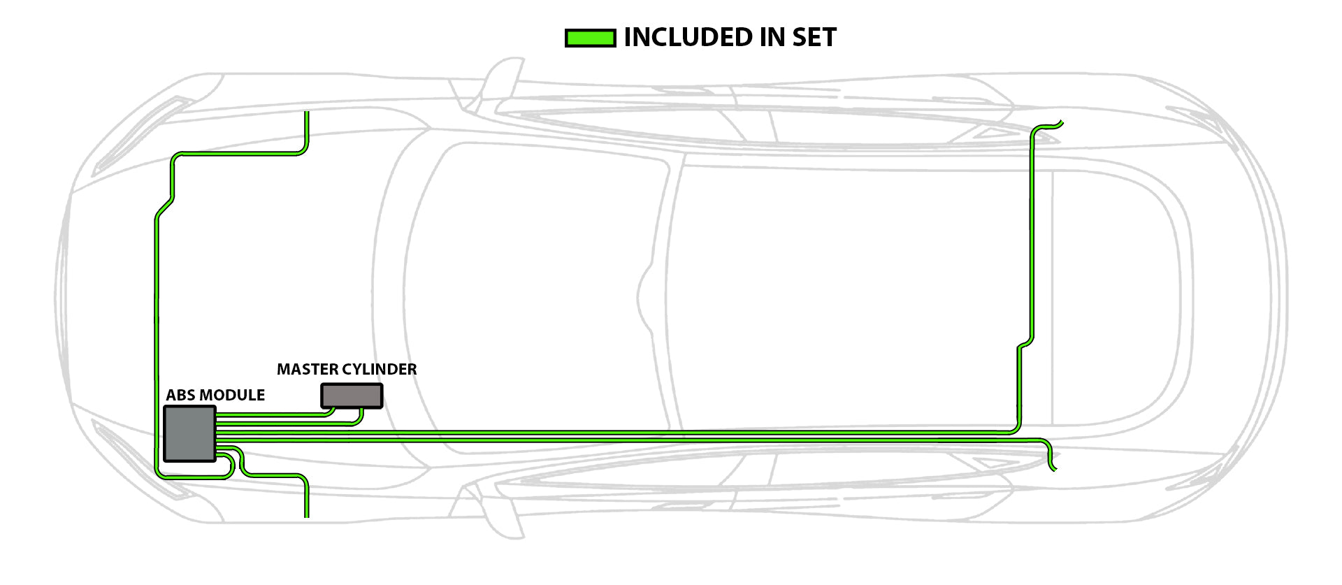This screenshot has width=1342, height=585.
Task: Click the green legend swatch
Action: tap(590, 38)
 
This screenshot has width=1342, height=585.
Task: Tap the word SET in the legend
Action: tap(814, 38)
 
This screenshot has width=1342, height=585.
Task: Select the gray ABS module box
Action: tap(189, 433)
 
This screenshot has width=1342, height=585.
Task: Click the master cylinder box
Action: tap(352, 396)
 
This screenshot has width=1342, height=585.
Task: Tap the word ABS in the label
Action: tap(180, 395)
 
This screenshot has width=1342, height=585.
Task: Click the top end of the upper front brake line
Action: tap(306, 114)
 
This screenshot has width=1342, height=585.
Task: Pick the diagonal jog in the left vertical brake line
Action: tap(165, 208)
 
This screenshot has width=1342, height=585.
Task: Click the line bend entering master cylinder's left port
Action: tap(331, 412)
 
